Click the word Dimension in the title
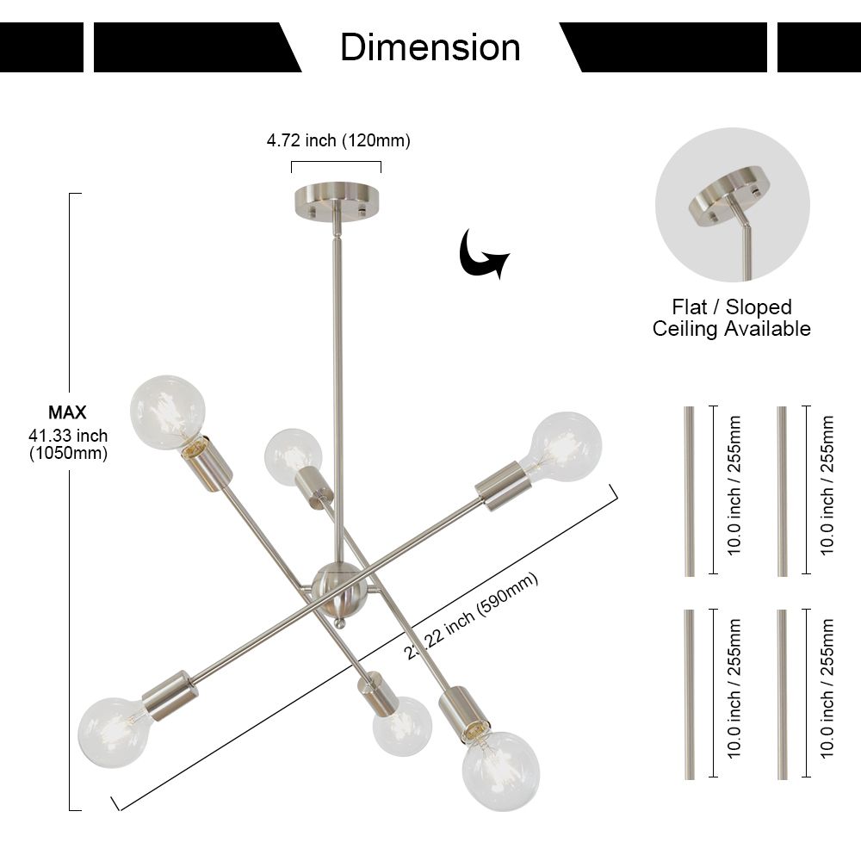coord(430,47)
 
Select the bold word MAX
coord(67,412)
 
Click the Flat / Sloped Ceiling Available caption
coord(732,318)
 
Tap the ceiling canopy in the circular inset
coord(726,196)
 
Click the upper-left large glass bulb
coord(168,412)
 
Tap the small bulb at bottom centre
coord(402,725)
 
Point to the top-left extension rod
coord(689,491)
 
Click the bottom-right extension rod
coord(783,694)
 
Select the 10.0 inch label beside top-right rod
coord(827,486)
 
